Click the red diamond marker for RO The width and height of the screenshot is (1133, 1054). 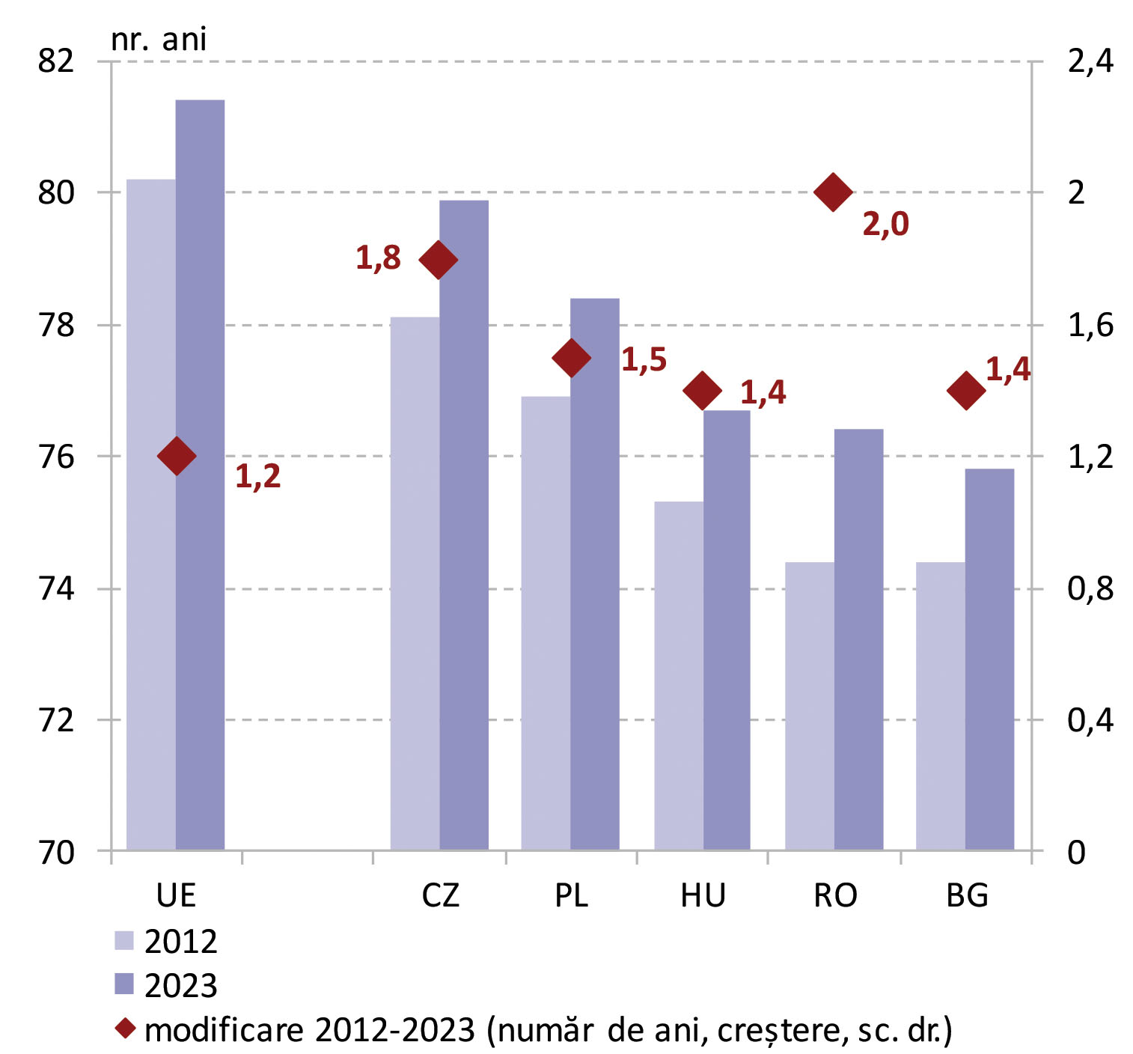point(833,192)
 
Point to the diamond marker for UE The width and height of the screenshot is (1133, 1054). point(177,456)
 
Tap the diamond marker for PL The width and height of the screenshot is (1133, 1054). point(572,359)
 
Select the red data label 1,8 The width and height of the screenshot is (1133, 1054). point(378,258)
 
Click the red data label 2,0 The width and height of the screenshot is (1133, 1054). point(885,224)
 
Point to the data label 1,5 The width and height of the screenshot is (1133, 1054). point(644,360)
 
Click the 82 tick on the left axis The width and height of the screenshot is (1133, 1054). point(56,61)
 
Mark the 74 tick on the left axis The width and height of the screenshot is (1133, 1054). point(56,589)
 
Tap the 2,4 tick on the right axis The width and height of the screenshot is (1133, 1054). point(1090,61)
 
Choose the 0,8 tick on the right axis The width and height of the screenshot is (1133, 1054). point(1090,589)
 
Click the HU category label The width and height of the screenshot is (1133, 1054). point(703,895)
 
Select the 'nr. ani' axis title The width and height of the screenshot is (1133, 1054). point(159,39)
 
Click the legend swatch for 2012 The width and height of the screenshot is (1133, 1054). point(124,941)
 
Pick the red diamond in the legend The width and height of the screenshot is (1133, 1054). point(125,1029)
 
